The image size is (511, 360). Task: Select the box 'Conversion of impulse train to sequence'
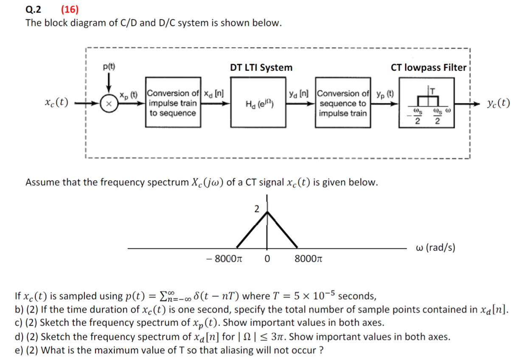pyautogui.click(x=173, y=102)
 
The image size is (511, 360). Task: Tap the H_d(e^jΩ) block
pyautogui.click(x=258, y=102)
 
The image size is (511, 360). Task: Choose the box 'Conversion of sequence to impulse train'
pyautogui.click(x=343, y=102)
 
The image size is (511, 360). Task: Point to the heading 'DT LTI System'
pyautogui.click(x=261, y=67)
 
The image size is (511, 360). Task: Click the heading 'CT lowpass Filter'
pyautogui.click(x=428, y=67)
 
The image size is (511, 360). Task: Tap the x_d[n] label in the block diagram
pyautogui.click(x=214, y=93)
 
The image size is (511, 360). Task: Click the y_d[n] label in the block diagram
pyautogui.click(x=299, y=93)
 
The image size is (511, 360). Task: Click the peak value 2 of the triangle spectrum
pyautogui.click(x=256, y=208)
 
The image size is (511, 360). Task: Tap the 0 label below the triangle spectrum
pyautogui.click(x=267, y=259)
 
